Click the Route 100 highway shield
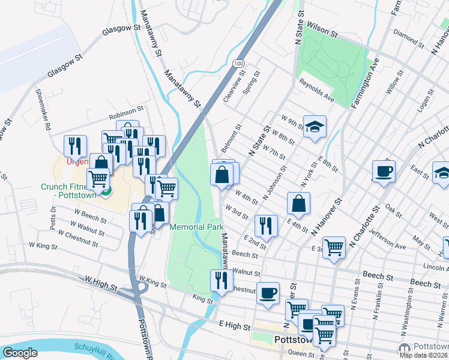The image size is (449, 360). [x=238, y=63]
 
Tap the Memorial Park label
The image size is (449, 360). [x=196, y=227]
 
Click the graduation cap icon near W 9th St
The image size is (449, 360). [x=315, y=127]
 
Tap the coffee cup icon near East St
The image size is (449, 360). [x=384, y=172]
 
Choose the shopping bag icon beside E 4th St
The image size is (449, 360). [x=298, y=204]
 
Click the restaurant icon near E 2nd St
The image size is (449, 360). [x=265, y=226]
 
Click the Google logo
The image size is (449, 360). [x=20, y=352]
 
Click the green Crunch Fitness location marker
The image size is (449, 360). [x=106, y=191]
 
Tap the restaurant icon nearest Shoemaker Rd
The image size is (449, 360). [x=76, y=146]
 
